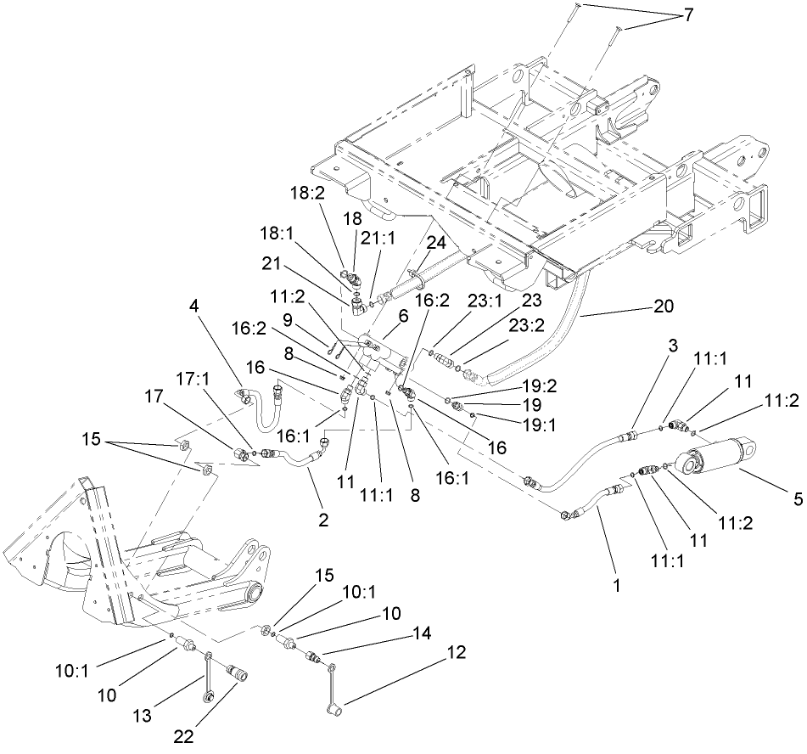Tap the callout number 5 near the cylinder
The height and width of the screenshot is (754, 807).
[x=797, y=500]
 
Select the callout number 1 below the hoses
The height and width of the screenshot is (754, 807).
[x=617, y=585]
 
